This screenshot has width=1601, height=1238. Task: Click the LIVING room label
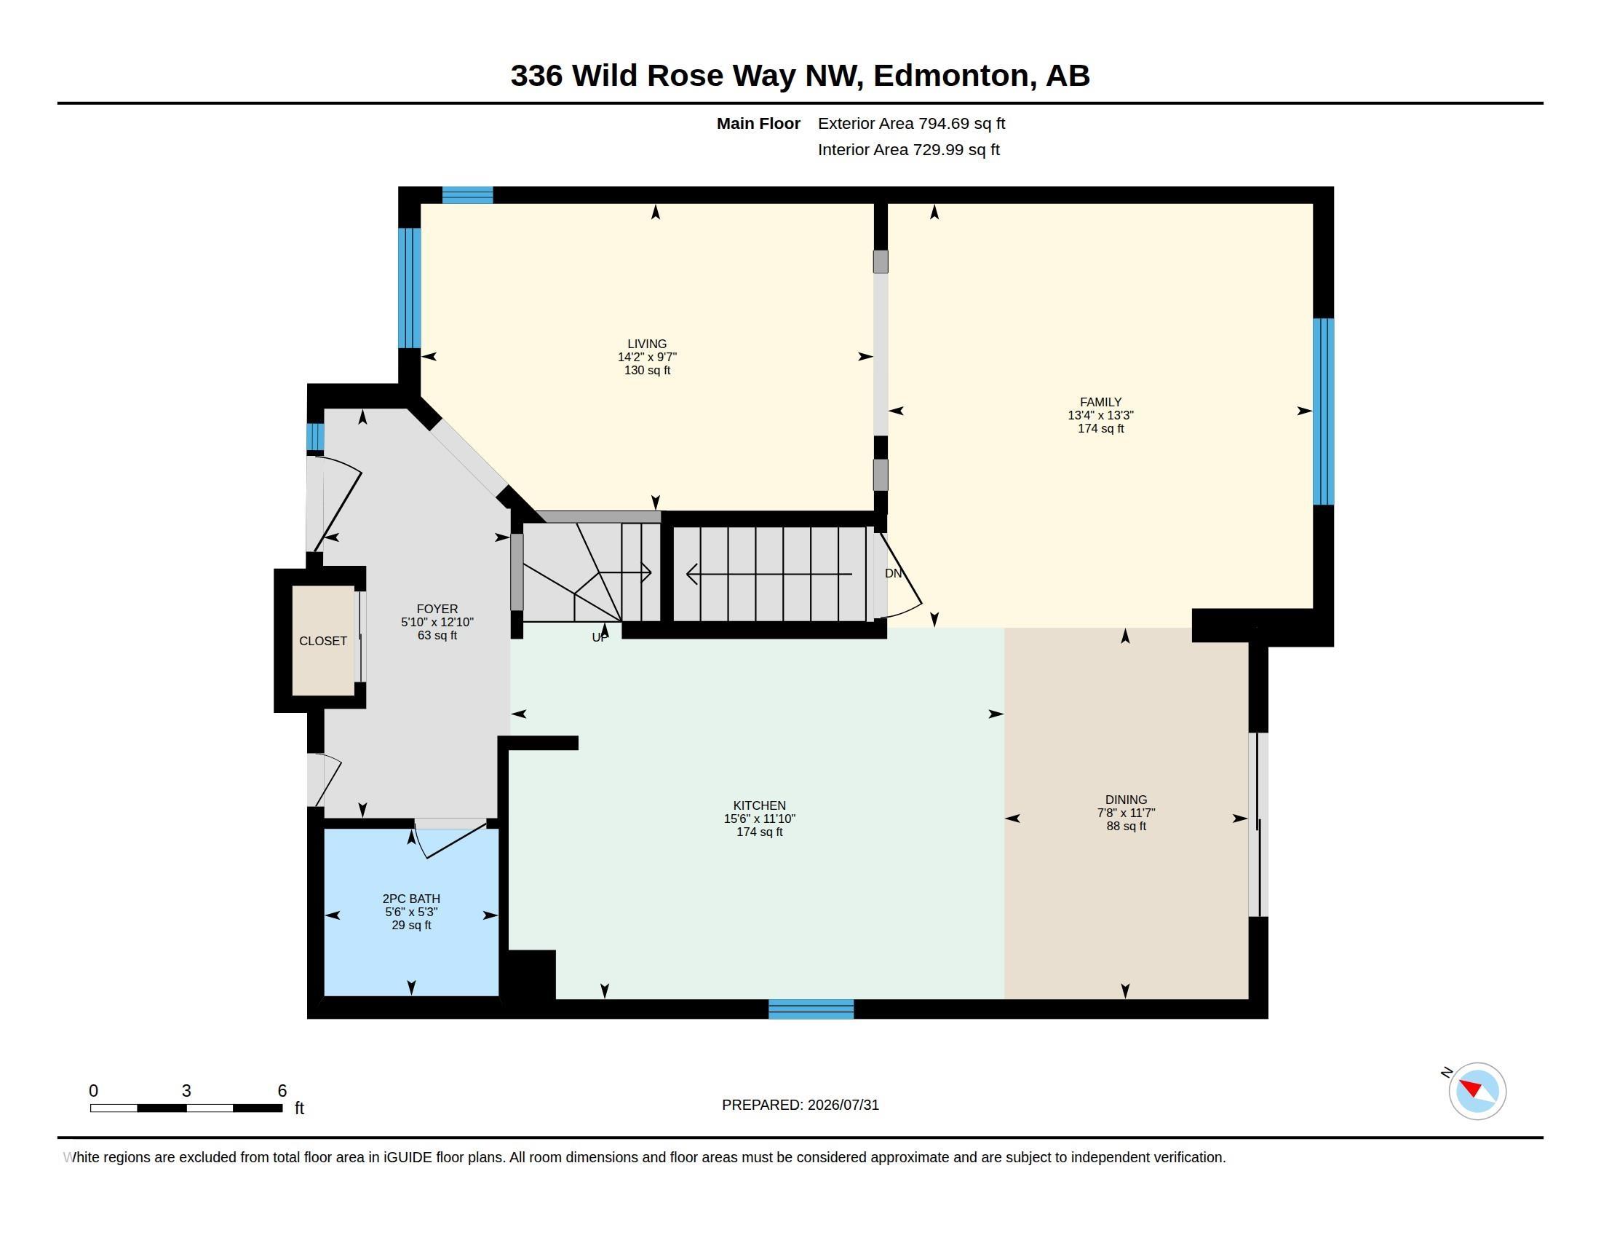[646, 344]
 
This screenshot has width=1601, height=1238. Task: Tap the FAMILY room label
[1100, 402]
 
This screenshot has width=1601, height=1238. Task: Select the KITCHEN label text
[760, 805]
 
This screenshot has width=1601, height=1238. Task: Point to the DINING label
[1126, 800]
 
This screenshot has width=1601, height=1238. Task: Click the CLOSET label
[322, 641]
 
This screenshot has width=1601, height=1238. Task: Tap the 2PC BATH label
[411, 899]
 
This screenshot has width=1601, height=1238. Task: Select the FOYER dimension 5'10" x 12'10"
[437, 622]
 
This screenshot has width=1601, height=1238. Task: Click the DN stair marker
[893, 574]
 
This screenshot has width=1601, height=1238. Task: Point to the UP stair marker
[600, 637]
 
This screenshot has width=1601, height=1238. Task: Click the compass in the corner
[1477, 1091]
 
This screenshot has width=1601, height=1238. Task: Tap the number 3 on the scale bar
[186, 1091]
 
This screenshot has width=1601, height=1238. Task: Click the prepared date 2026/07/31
[843, 1105]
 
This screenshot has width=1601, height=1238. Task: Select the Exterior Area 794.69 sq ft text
[911, 123]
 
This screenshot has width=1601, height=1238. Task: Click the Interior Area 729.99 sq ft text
[908, 149]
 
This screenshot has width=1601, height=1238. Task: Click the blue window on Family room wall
[1323, 411]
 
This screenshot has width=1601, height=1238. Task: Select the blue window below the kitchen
[811, 1009]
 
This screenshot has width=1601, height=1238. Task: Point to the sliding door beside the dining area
[1258, 824]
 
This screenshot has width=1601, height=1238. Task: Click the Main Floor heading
[758, 123]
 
